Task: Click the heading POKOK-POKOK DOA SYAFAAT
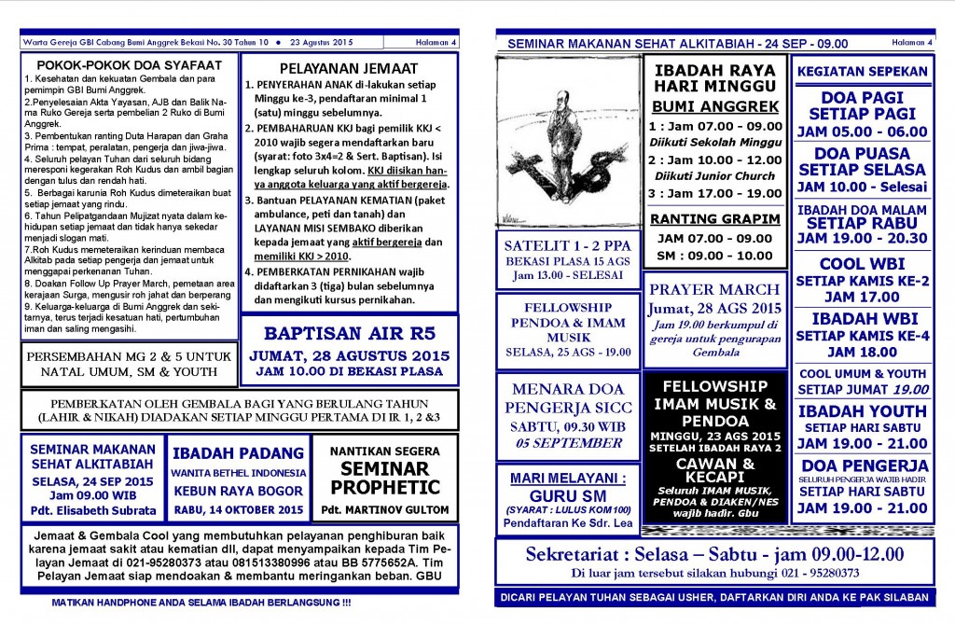point(129,65)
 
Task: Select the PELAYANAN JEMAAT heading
point(347,67)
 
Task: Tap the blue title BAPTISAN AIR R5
point(348,332)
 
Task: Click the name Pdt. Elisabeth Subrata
point(92,510)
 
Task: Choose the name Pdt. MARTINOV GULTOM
point(384,510)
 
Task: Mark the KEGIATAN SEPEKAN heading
point(861,71)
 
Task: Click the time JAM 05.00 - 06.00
point(861,132)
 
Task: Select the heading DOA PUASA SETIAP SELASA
point(861,161)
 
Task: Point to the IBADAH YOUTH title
point(861,410)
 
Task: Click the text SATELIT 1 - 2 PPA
point(567,244)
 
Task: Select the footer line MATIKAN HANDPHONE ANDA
point(201,603)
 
